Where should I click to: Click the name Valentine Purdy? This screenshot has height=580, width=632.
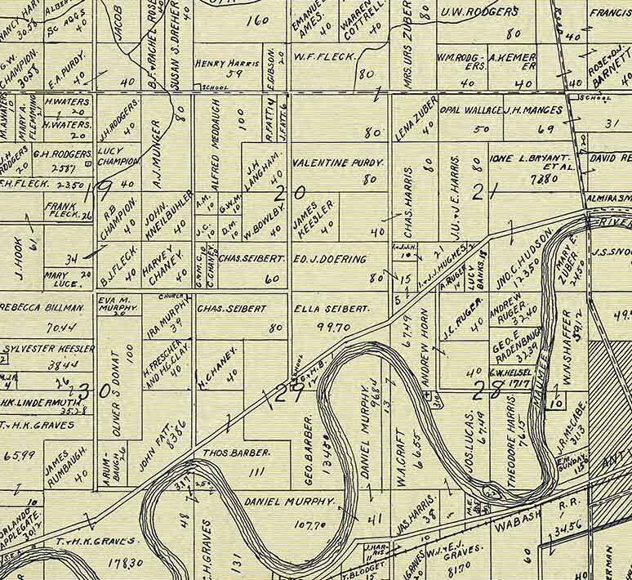(x=338, y=163)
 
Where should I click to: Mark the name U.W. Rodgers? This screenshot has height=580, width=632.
(x=479, y=12)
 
